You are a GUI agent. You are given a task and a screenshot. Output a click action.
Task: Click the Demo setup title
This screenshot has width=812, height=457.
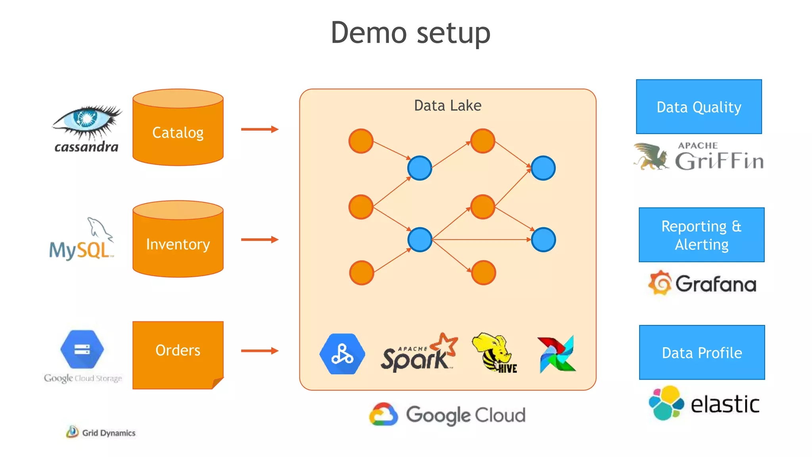click(410, 33)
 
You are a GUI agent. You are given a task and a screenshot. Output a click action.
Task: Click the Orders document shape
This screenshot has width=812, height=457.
click(178, 353)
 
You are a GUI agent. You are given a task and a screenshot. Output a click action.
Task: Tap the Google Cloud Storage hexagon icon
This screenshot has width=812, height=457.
click(82, 349)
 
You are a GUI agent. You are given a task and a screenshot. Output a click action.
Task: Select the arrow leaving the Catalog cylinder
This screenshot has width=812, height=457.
click(260, 129)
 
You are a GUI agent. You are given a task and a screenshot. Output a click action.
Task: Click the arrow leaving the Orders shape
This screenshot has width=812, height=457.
click(260, 351)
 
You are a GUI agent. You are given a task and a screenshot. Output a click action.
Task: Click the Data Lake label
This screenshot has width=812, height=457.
click(448, 106)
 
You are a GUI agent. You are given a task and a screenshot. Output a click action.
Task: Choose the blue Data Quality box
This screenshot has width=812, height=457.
click(699, 107)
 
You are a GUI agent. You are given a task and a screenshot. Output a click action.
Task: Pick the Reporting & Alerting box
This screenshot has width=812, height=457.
click(701, 235)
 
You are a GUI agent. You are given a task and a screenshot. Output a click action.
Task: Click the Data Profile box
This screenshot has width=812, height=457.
click(702, 352)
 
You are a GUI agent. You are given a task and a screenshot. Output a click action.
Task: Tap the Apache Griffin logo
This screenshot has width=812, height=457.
click(699, 157)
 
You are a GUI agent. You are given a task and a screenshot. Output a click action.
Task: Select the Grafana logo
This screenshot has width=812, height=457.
click(702, 284)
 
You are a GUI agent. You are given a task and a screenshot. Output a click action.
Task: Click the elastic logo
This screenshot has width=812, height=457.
click(704, 403)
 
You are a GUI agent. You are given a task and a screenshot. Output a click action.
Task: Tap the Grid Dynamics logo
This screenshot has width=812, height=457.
click(101, 432)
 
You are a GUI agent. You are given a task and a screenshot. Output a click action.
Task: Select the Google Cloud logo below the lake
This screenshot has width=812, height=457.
click(447, 415)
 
